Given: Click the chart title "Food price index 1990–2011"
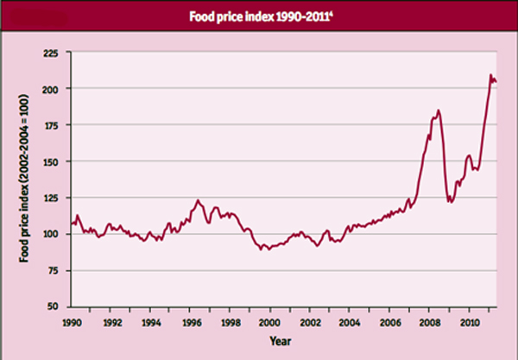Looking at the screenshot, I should click(258, 14).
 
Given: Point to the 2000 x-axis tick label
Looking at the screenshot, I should click(270, 321).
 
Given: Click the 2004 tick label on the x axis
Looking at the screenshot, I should click(350, 321).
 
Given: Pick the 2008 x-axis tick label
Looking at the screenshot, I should click(429, 321).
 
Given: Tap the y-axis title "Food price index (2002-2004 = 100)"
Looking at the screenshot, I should click(23, 181).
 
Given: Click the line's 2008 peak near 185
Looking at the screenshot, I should click(439, 111).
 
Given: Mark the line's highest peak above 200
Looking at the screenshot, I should click(491, 76).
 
